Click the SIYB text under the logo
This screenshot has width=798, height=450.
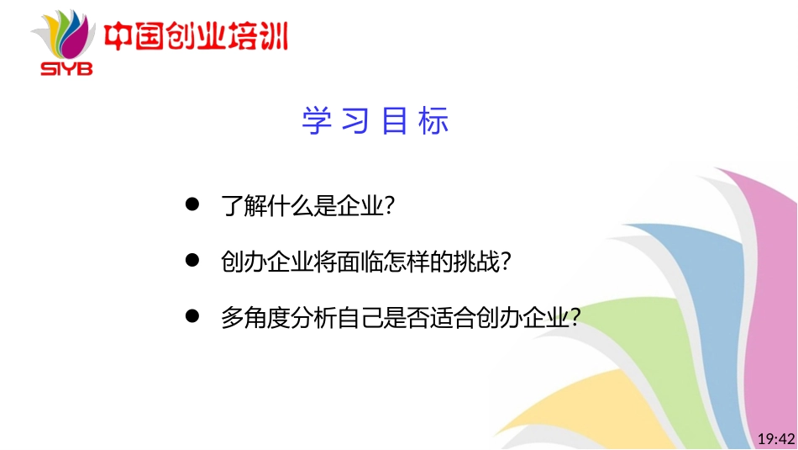tap(66, 68)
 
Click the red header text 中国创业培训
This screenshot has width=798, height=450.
tap(195, 38)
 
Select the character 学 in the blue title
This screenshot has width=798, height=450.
tap(313, 121)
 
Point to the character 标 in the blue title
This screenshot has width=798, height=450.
tap(436, 121)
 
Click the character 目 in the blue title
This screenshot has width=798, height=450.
tap(395, 121)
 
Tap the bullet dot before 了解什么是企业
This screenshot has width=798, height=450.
tap(192, 204)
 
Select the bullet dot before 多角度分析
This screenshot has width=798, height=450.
tap(192, 316)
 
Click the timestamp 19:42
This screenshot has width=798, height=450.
tap(775, 438)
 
